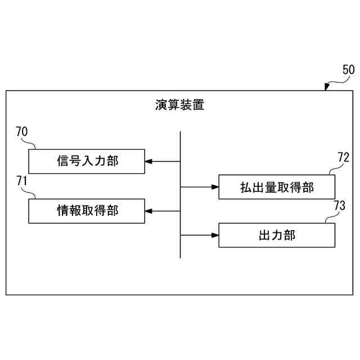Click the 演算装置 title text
[x=180, y=105]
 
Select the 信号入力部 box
[x=87, y=161]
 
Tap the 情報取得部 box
[x=87, y=211]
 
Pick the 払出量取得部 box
[x=277, y=187]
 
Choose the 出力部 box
[x=277, y=235]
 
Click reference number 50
[x=348, y=70]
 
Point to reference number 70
[x=22, y=132]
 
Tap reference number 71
[x=22, y=181]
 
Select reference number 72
[x=343, y=157]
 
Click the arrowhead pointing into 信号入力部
[x=148, y=161]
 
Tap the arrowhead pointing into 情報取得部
[x=148, y=211]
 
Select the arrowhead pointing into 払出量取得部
[x=214, y=187]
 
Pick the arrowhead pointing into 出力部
[x=214, y=235]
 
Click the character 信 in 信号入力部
[x=63, y=161]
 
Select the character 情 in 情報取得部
[x=63, y=211]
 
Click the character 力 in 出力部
[x=277, y=235]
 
